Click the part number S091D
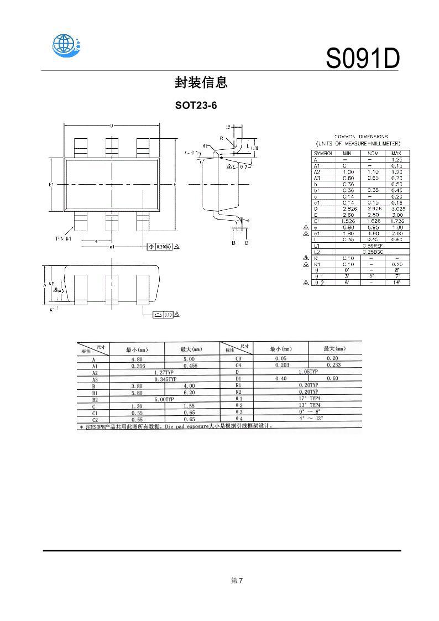click(362, 59)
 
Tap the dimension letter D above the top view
click(112, 126)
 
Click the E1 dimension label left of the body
click(50, 184)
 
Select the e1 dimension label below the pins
click(111, 247)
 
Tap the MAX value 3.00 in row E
click(396, 214)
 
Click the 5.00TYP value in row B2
click(164, 399)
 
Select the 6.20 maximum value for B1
click(189, 392)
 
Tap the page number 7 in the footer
click(241, 580)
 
